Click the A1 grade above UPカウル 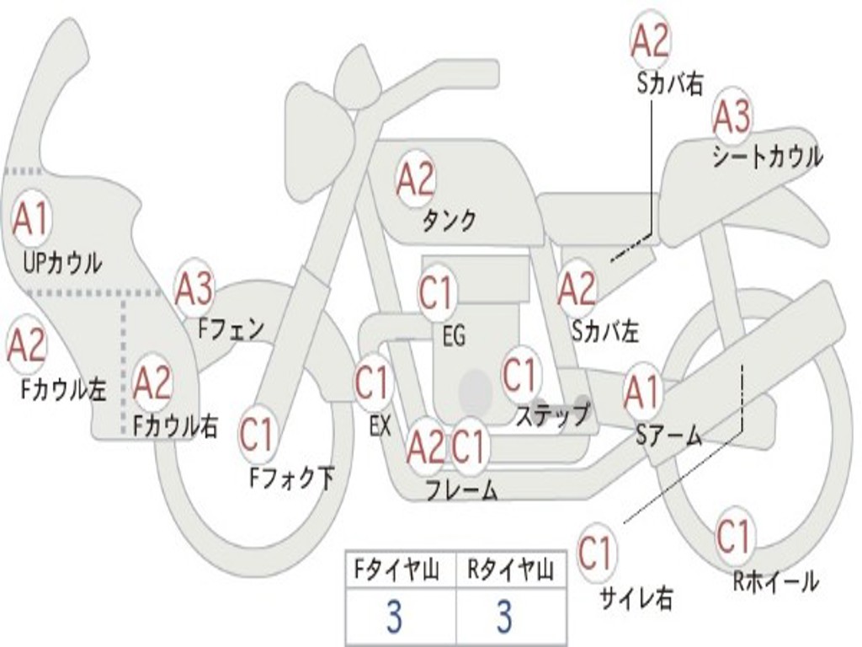coord(31,220)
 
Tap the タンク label coord(450,220)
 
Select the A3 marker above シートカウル coord(732,116)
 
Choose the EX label coord(380,425)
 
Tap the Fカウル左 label coord(63,389)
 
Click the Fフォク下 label coord(291,478)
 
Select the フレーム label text coord(462,489)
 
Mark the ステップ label coord(553,414)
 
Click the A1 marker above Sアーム coord(642,393)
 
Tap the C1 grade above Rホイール coord(734,536)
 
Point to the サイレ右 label coord(636,597)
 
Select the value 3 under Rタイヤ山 coord(505,616)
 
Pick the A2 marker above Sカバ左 coord(577,288)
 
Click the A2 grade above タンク coord(416,179)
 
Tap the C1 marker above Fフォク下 coord(258,434)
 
